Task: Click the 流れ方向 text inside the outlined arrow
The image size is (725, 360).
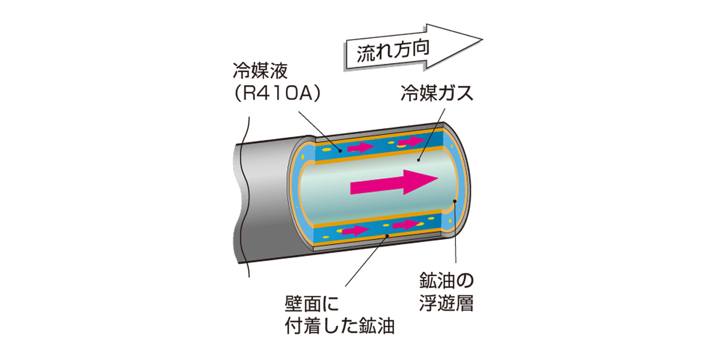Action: coord(392,51)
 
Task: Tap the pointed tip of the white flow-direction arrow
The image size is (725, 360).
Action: coord(482,40)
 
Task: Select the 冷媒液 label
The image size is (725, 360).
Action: coord(261,71)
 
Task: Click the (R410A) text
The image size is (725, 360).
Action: coord(277,94)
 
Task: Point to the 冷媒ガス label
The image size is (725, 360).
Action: coord(437,93)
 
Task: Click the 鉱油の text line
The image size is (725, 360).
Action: coord(446,281)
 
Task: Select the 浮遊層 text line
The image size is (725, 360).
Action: coord(446,303)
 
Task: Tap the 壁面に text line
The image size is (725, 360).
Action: coord(312,304)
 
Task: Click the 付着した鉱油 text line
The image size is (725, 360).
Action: coord(340,326)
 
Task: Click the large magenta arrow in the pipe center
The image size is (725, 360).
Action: coord(394,182)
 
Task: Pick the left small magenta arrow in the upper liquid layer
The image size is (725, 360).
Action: coord(361,148)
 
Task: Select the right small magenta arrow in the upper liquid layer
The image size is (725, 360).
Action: coord(412,141)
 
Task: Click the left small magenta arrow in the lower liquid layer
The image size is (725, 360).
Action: coord(355,230)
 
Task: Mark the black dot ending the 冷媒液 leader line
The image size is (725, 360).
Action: coord(340,151)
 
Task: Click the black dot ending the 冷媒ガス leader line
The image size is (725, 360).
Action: coord(419,160)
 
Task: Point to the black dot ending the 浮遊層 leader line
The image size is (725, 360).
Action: coord(455,201)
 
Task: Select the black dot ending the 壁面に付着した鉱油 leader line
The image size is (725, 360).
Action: coord(387,236)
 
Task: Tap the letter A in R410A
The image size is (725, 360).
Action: coord(306,94)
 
